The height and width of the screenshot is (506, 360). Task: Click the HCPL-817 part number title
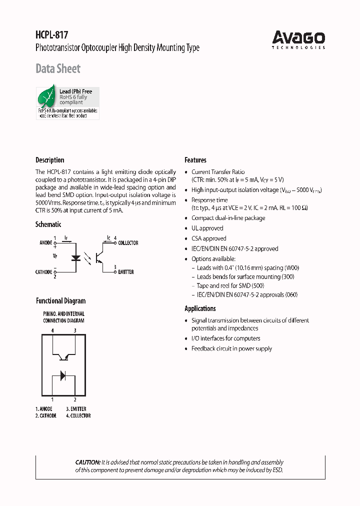tap(51, 35)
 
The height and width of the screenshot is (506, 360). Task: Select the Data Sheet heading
tap(58, 68)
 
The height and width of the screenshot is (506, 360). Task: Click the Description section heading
tap(49, 160)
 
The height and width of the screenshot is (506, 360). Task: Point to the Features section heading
tap(195, 160)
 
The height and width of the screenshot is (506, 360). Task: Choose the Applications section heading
tap(200, 308)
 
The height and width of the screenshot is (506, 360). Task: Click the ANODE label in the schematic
tap(45, 243)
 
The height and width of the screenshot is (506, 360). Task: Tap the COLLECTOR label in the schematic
tap(128, 243)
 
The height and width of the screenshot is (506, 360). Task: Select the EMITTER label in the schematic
tap(125, 272)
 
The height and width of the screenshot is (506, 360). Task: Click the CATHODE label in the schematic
tap(43, 272)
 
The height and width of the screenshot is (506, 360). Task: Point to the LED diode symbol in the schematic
tap(76, 258)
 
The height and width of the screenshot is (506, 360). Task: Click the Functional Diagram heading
tap(60, 301)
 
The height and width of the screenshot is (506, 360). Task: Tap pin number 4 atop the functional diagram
tap(52, 330)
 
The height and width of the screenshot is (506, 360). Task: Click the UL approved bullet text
tap(207, 228)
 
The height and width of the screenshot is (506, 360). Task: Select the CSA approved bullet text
tap(208, 238)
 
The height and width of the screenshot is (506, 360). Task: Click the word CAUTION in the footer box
tap(87, 462)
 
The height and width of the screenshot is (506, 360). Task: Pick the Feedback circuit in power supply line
tap(231, 348)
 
